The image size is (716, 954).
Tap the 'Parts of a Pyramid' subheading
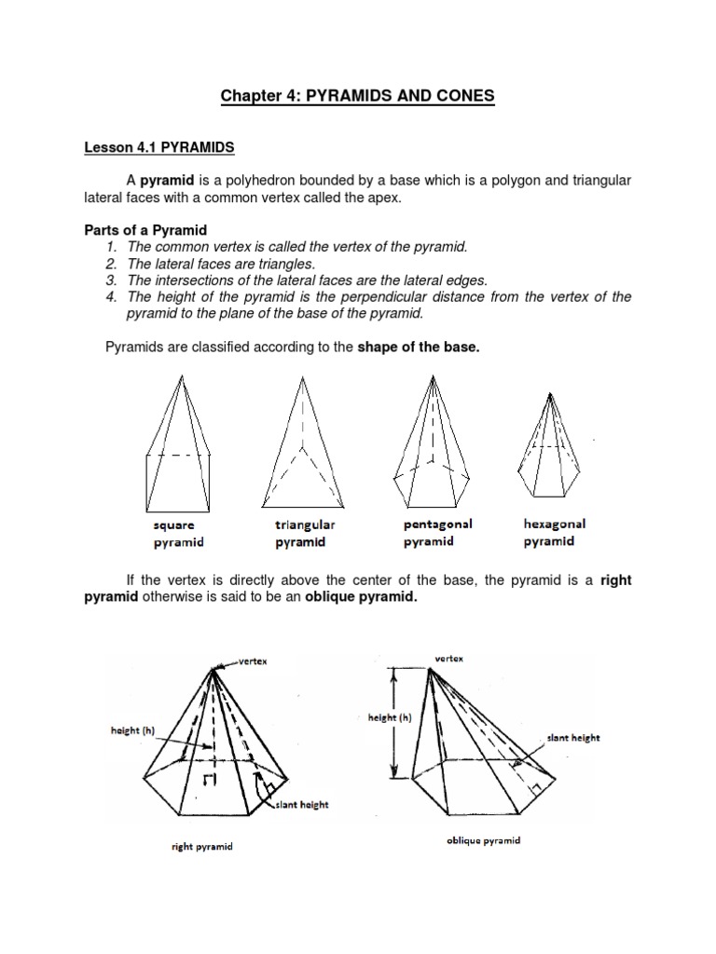point(145,230)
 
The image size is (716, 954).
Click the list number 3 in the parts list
point(110,279)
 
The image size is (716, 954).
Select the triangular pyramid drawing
point(300,438)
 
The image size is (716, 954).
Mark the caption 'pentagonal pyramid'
point(437,532)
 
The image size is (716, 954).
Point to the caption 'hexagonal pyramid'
point(555,532)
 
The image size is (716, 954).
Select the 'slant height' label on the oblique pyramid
point(573,738)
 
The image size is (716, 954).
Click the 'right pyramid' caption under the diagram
point(202,847)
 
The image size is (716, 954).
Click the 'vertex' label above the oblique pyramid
point(448,658)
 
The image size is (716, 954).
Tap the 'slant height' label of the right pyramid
point(301,805)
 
